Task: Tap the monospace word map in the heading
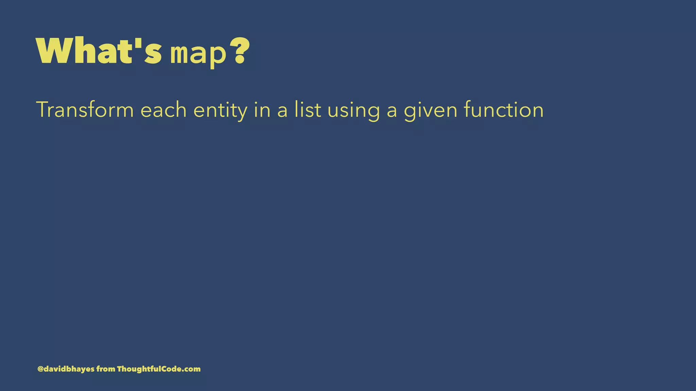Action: [198, 54]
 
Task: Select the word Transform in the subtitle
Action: [85, 110]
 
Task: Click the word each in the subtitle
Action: [163, 110]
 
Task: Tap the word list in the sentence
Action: [308, 110]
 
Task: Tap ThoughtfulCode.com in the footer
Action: [159, 369]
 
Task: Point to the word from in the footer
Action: [106, 369]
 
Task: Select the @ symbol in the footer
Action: [40, 369]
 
